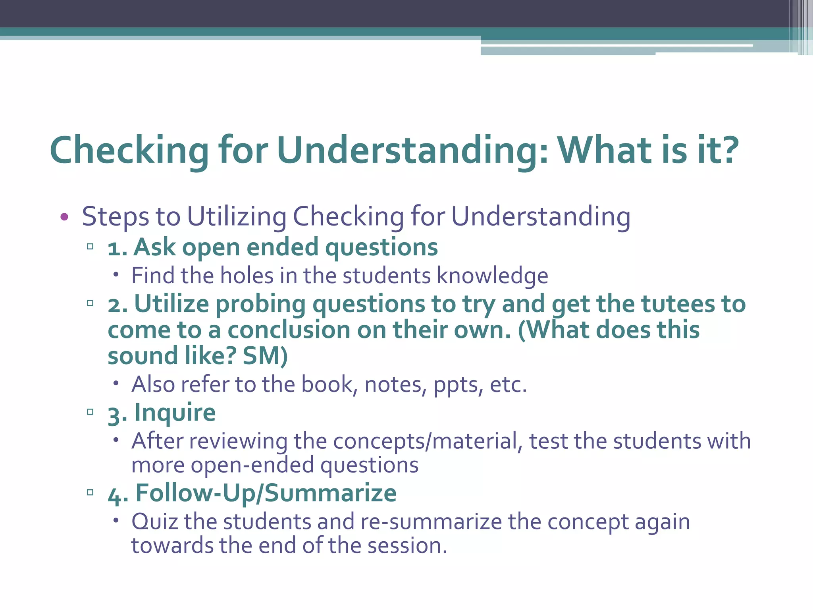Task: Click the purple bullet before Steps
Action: [x=64, y=217]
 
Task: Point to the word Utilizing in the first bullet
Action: [x=237, y=217]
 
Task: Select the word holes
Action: [x=247, y=276]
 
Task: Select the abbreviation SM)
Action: [x=265, y=356]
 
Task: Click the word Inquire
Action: [x=175, y=413]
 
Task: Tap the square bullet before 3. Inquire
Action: [x=90, y=412]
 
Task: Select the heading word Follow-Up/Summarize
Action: [x=266, y=493]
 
